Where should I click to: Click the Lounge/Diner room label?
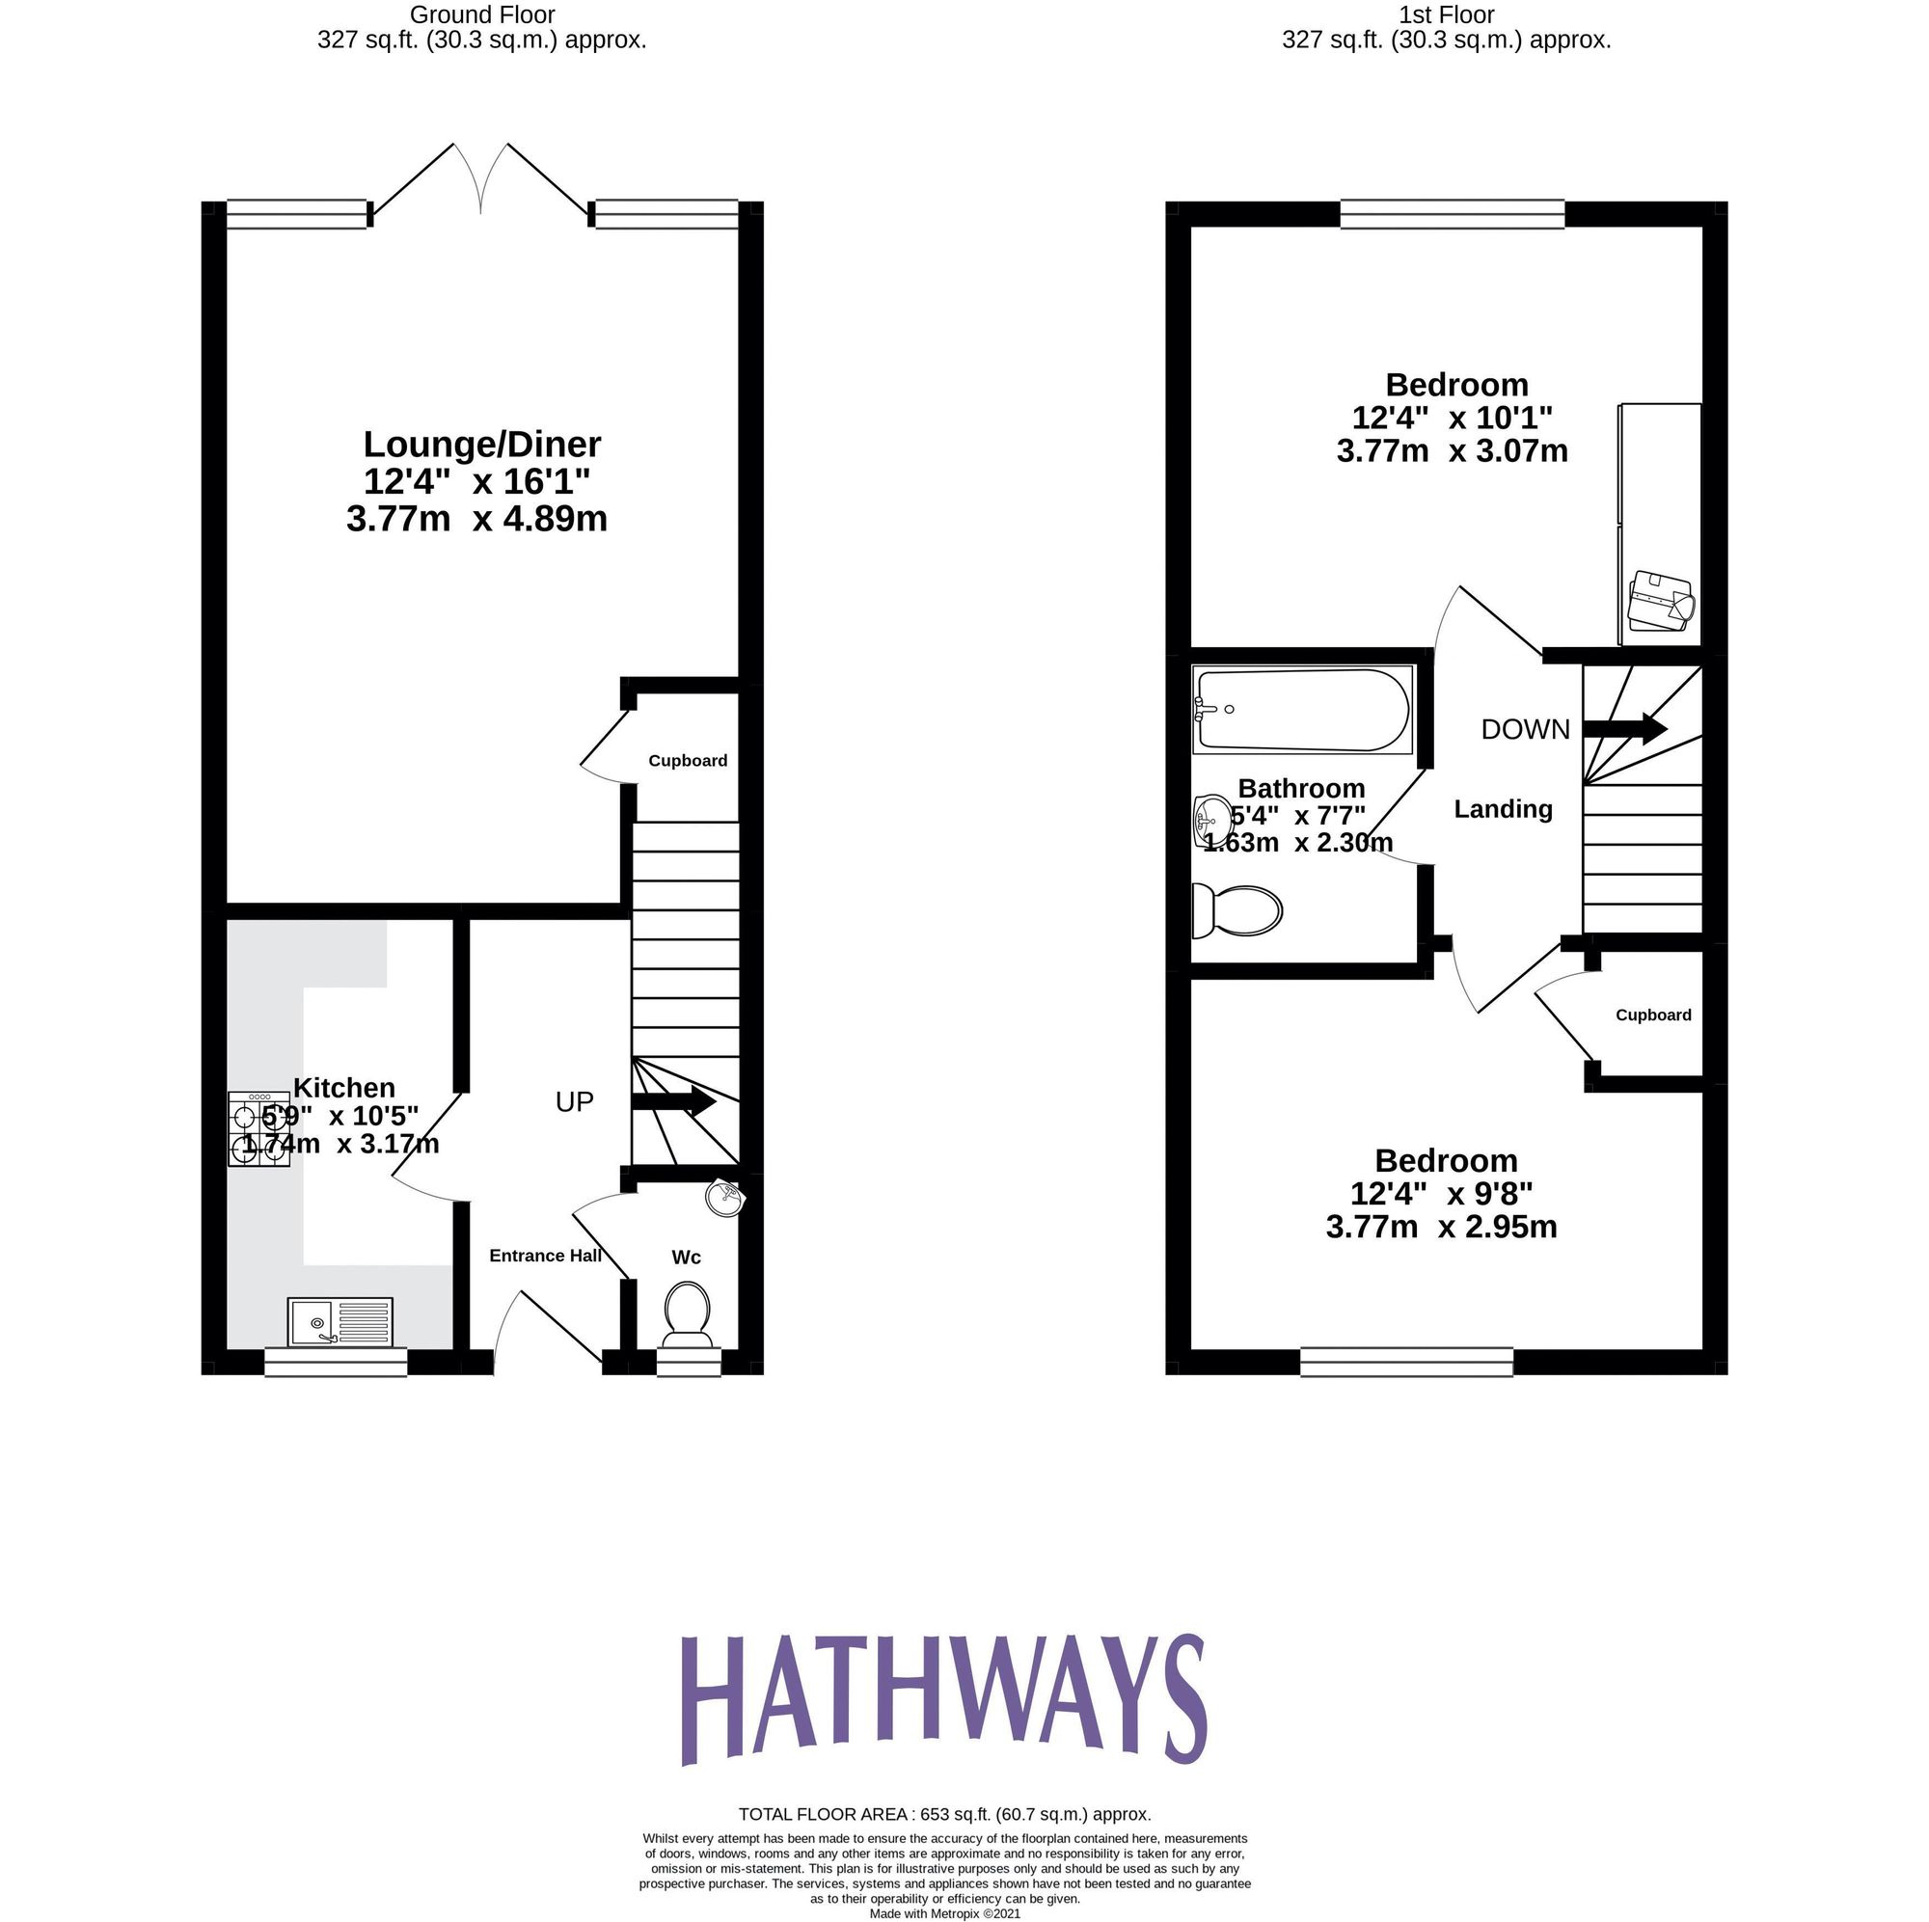coord(481,445)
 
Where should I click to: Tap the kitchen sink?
coord(340,1322)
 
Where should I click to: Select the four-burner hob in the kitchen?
coord(258,1129)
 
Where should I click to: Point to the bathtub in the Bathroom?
coord(1302,710)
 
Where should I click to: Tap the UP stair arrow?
coord(673,1102)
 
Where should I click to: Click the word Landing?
coord(1503,810)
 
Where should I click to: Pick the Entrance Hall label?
coord(545,1256)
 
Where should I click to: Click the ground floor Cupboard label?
coord(688,761)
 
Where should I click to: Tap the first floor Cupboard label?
coord(1653,1015)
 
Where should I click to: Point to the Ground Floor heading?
coord(482,15)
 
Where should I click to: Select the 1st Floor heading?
coord(1446,15)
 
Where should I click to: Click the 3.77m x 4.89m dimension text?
coord(477,520)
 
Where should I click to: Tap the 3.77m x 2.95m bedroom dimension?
coord(1441,1227)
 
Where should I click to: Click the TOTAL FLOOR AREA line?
coord(944,1842)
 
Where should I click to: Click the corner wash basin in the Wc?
coord(726,1198)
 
